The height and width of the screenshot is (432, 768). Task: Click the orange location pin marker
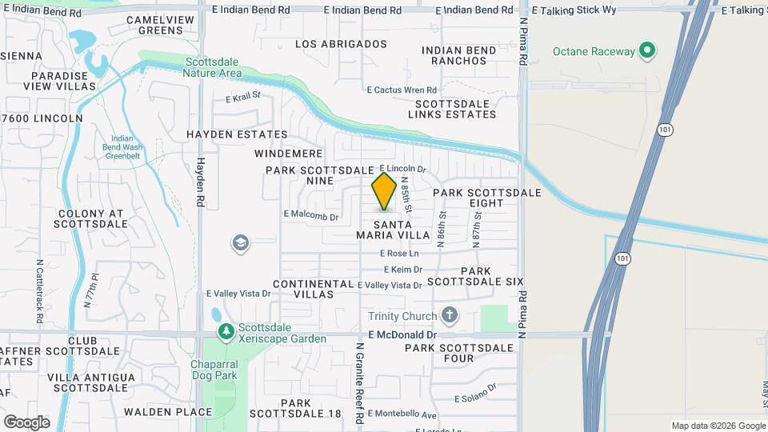384,190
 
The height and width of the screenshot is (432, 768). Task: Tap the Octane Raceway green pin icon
648,52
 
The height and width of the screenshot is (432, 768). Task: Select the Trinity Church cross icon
450,315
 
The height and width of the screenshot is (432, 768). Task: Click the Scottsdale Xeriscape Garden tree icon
226,331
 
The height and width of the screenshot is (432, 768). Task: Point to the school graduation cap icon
241,243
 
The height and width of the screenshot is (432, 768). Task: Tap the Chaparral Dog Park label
204,370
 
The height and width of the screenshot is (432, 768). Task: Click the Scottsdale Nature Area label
213,67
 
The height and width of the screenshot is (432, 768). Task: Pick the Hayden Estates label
237,134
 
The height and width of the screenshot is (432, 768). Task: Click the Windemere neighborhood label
289,153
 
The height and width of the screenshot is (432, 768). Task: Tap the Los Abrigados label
341,44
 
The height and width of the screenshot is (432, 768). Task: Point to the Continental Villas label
313,289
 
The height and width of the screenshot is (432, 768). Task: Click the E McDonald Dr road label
402,335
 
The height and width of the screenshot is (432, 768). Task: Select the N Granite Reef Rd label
360,382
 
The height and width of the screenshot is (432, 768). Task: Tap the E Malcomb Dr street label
311,216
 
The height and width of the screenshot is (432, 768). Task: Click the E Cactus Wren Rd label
402,90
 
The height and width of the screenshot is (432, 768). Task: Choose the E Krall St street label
243,98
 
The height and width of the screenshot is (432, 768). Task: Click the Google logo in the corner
26,422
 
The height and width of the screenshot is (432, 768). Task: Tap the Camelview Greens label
154,25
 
